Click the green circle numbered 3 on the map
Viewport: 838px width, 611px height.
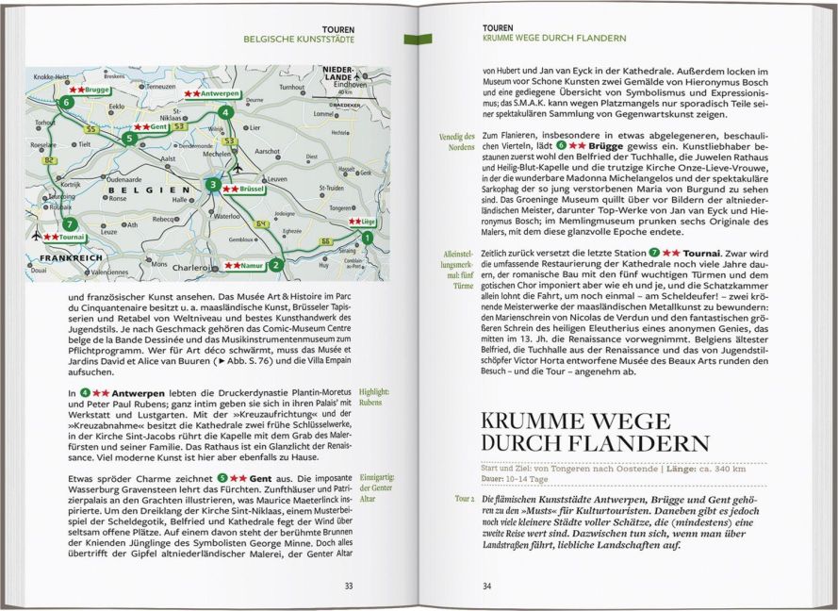click(x=214, y=185)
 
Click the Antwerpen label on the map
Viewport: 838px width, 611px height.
click(x=217, y=95)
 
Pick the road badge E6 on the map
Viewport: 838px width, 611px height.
click(x=327, y=242)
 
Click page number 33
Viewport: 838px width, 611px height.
click(x=348, y=586)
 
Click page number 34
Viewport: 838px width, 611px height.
click(x=487, y=586)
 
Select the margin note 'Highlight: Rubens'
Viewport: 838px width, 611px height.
click(x=375, y=396)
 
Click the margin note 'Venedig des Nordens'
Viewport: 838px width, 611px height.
click(x=456, y=142)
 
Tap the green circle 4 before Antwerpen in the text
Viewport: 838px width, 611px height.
click(x=85, y=391)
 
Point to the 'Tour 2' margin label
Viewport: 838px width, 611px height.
click(x=462, y=497)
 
